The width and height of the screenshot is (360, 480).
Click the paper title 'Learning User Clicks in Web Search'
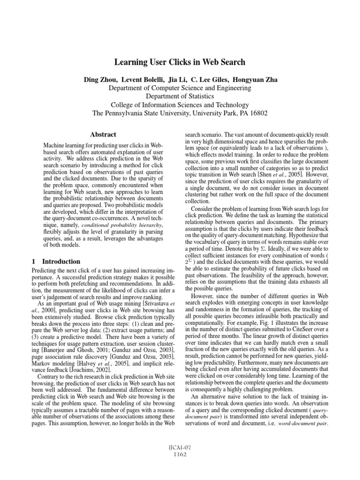point(180,62)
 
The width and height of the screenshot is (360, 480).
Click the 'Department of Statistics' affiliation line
point(180,97)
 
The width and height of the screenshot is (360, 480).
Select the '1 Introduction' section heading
point(55,261)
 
